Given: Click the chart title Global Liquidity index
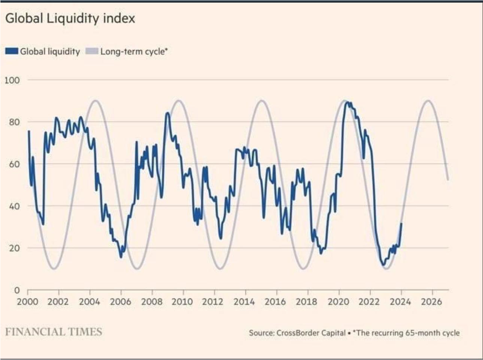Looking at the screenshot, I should coord(70,19).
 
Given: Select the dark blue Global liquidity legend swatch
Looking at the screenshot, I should coord(12,52).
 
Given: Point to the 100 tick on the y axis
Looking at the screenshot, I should coord(12,80).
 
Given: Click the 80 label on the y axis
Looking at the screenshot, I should coord(14,122).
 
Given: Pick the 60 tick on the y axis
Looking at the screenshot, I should coord(14,164).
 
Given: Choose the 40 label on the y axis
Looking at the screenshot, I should coord(14,206).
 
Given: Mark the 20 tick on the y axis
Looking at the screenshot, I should coord(14,248).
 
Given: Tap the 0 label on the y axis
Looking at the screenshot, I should coord(17,290).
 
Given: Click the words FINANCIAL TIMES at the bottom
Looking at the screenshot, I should coord(54,332).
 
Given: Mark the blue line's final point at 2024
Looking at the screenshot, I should coord(401,223).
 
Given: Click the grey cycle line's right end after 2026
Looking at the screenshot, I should coord(448,180).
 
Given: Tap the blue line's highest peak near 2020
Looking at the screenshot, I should coord(347,102).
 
